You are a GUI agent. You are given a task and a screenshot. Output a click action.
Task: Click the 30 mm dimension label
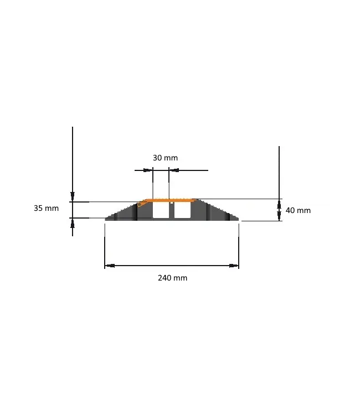tap(165, 158)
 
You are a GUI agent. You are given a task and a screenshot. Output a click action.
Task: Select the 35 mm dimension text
tap(46, 209)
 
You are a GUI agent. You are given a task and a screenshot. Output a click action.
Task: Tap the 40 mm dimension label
tap(298, 210)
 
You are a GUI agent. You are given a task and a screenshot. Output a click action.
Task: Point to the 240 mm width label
tap(172, 278)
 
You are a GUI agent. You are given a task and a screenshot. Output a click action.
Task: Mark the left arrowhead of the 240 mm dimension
tap(109, 266)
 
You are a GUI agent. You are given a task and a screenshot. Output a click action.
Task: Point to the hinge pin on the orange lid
tap(140, 204)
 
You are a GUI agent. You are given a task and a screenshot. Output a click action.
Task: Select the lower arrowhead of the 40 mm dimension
tap(279, 217)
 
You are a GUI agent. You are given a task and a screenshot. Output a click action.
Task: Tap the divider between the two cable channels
tap(171, 210)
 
